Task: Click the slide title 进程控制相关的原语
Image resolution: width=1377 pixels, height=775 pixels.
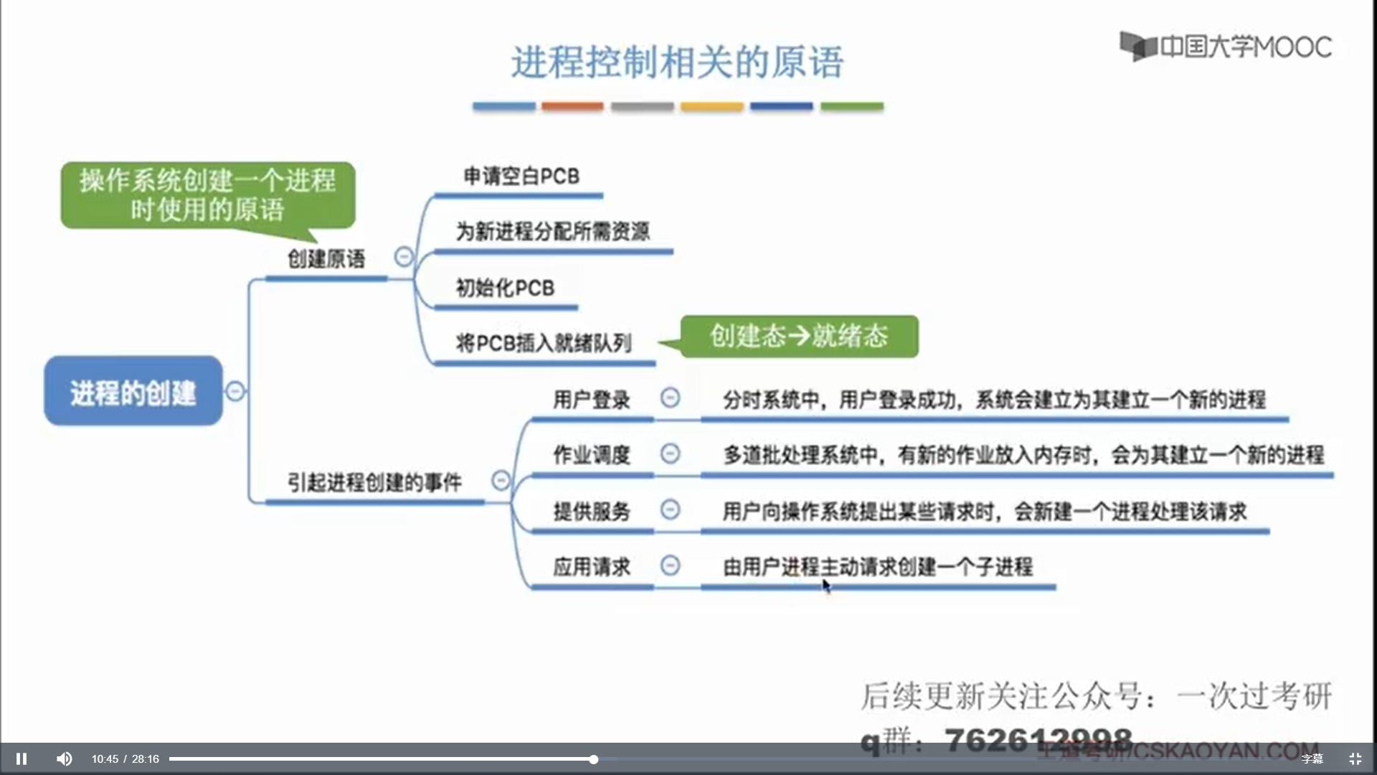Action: coord(677,62)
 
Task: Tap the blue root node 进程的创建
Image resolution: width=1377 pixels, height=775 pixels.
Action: coord(133,392)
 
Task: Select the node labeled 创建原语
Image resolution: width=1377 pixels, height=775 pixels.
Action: coord(326,259)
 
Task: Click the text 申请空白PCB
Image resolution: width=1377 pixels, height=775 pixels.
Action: coord(521,176)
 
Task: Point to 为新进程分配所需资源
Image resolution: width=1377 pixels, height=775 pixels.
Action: coord(553,231)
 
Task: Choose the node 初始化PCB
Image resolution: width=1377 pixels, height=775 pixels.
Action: coord(505,288)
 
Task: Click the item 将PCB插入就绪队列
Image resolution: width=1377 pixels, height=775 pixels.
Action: coord(544,343)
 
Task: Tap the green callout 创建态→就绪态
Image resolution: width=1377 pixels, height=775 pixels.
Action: coord(799,336)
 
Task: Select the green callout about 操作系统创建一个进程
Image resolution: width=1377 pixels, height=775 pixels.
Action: coord(207,195)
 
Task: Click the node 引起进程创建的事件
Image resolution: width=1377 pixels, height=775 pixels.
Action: coord(374,482)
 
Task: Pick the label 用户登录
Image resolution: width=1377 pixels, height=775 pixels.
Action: coord(592,400)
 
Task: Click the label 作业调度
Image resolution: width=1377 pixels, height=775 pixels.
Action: coord(592,455)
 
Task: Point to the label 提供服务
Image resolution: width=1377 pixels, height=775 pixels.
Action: coord(592,512)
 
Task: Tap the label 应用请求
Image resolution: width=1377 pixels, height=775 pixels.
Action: coord(592,567)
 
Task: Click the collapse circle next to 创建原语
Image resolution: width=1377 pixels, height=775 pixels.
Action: coord(404,256)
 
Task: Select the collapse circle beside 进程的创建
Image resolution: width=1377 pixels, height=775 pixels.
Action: coord(235,391)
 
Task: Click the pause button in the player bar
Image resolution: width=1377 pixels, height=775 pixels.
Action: coord(22,758)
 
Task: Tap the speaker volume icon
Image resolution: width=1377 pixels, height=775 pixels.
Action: coord(65,758)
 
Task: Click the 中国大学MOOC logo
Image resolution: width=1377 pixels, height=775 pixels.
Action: coord(1226,47)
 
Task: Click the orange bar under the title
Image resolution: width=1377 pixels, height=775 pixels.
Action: coord(572,106)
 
